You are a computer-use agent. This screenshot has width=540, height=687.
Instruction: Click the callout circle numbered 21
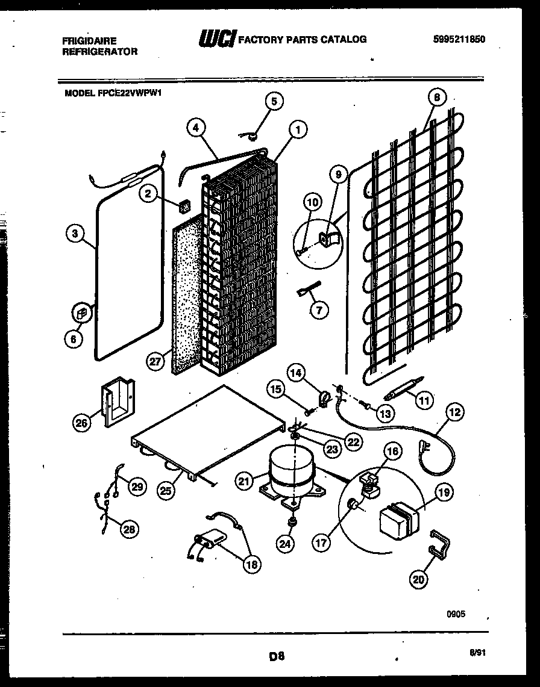(x=244, y=480)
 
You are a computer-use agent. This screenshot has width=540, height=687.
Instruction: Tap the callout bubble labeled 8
(x=437, y=97)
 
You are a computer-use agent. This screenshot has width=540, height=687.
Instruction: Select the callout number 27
(x=155, y=361)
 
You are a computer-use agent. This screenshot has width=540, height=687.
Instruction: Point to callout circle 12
(x=456, y=412)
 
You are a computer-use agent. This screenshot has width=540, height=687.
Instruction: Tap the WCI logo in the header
(x=218, y=39)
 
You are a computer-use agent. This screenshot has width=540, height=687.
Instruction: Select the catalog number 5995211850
(x=459, y=40)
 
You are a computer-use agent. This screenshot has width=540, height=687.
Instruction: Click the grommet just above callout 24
(x=292, y=520)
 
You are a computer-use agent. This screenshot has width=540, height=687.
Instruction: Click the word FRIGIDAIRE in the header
(x=90, y=40)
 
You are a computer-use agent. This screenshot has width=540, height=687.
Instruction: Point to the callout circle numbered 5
(x=274, y=101)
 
